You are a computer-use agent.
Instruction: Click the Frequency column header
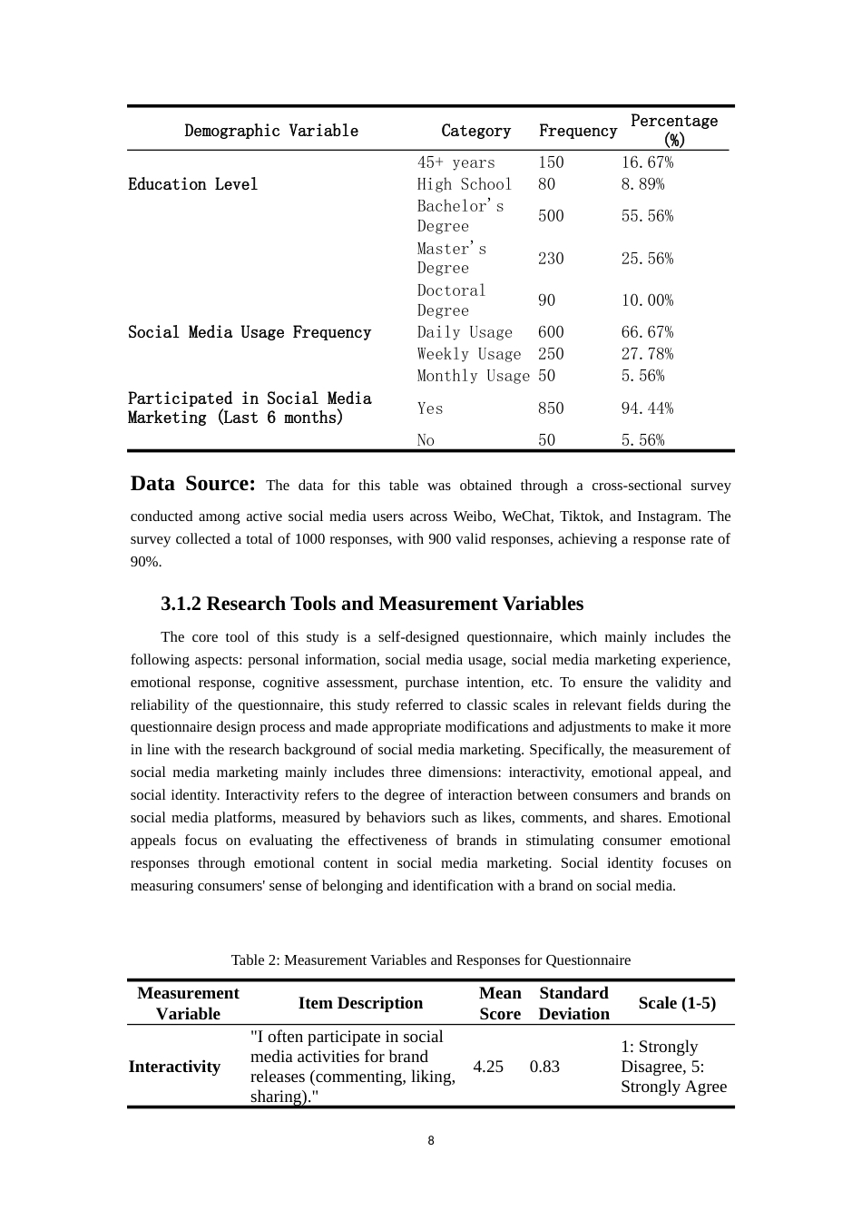point(577,131)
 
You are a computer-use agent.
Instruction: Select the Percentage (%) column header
point(673,131)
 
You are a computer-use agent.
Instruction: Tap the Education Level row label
point(192,184)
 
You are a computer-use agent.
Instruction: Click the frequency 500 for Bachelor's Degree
point(551,216)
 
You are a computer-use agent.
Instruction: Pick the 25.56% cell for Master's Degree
point(647,259)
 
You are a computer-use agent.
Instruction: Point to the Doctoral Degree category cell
point(452,300)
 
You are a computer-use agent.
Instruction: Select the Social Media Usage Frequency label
point(250,332)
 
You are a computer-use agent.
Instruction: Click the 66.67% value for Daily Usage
point(647,332)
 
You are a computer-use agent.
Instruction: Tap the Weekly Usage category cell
point(469,354)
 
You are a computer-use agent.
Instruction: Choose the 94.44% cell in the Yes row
point(647,408)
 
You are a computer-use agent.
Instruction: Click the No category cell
point(426,440)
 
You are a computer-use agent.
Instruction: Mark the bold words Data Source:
point(193,484)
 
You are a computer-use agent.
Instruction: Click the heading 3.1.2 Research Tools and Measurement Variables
point(372,604)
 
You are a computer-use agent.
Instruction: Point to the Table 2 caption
point(430,960)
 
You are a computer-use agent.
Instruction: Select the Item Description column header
point(360,1003)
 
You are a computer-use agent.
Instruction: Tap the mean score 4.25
point(488,1067)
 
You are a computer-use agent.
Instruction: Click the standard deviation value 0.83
point(544,1067)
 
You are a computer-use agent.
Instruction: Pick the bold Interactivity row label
point(174,1067)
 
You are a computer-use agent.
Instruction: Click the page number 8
point(431,1141)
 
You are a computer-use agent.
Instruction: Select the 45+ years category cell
point(456,162)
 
